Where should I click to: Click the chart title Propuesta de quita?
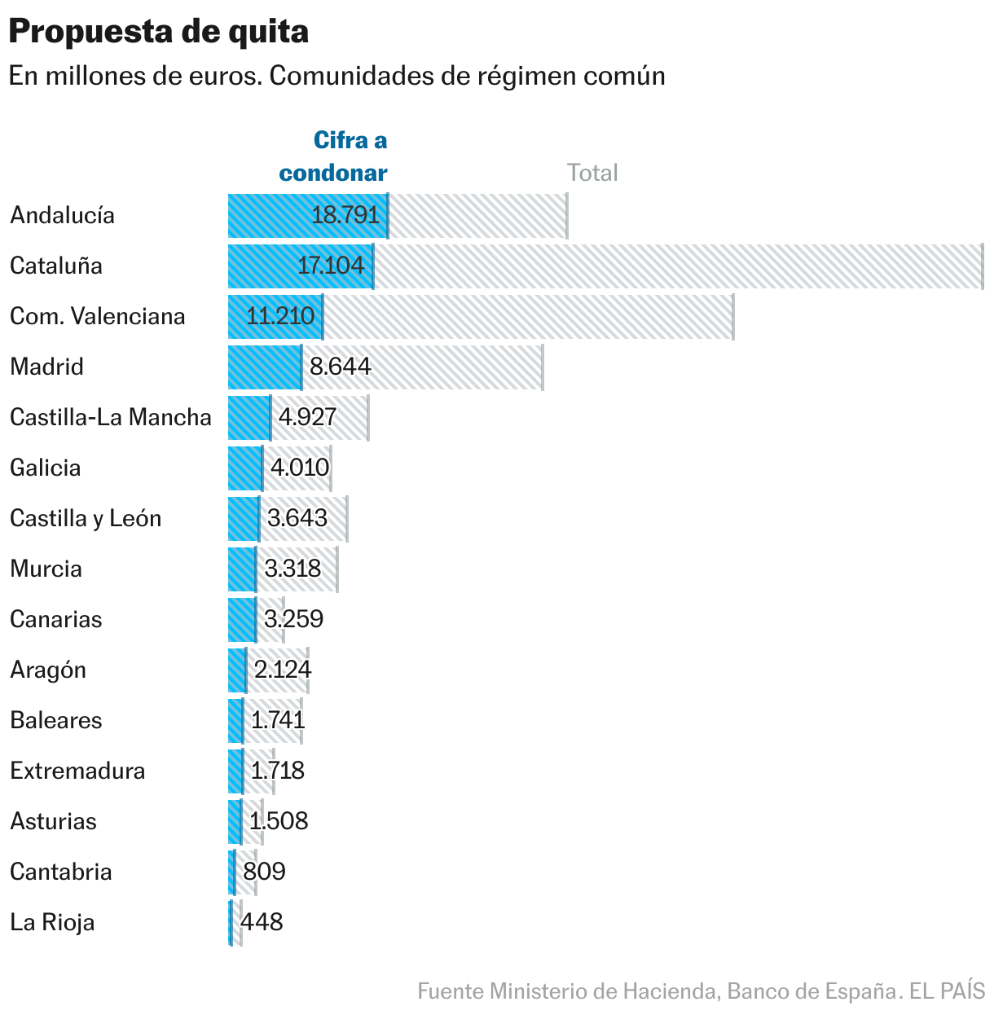[159, 32]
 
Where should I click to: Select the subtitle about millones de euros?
[336, 76]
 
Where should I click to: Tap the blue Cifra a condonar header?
[333, 156]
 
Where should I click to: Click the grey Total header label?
[592, 173]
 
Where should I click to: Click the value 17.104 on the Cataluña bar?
[331, 266]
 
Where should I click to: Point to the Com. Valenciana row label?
[98, 316]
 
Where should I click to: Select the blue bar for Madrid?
[264, 367]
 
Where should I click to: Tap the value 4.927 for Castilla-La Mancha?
[307, 417]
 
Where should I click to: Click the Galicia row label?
[46, 468]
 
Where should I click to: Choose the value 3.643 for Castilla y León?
[297, 518]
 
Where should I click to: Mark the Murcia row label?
[46, 569]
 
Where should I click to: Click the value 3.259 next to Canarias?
[293, 619]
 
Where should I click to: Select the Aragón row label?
[48, 670]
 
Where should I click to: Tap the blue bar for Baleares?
[235, 721]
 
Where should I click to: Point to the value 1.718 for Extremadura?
[277, 771]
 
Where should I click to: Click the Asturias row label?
[54, 821]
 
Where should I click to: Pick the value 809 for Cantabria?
[264, 872]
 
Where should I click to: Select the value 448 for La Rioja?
[262, 922]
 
